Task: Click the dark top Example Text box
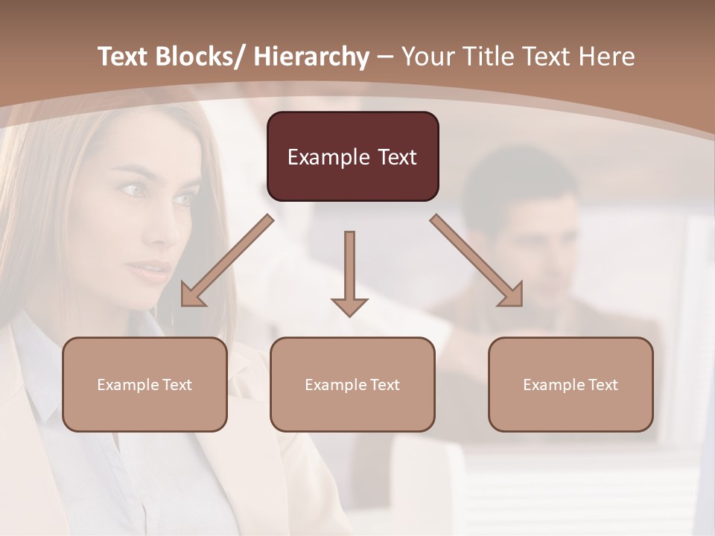[x=352, y=156]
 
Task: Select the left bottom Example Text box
[x=144, y=384]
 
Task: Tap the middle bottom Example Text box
[x=352, y=384]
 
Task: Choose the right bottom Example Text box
[x=571, y=384]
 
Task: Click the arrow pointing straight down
[x=349, y=272]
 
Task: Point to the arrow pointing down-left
[x=227, y=261]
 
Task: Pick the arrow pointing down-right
[x=477, y=260]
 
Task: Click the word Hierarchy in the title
[x=311, y=57]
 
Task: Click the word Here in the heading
[x=606, y=57]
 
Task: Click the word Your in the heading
[x=427, y=57]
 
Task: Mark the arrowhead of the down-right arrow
[x=511, y=294]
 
